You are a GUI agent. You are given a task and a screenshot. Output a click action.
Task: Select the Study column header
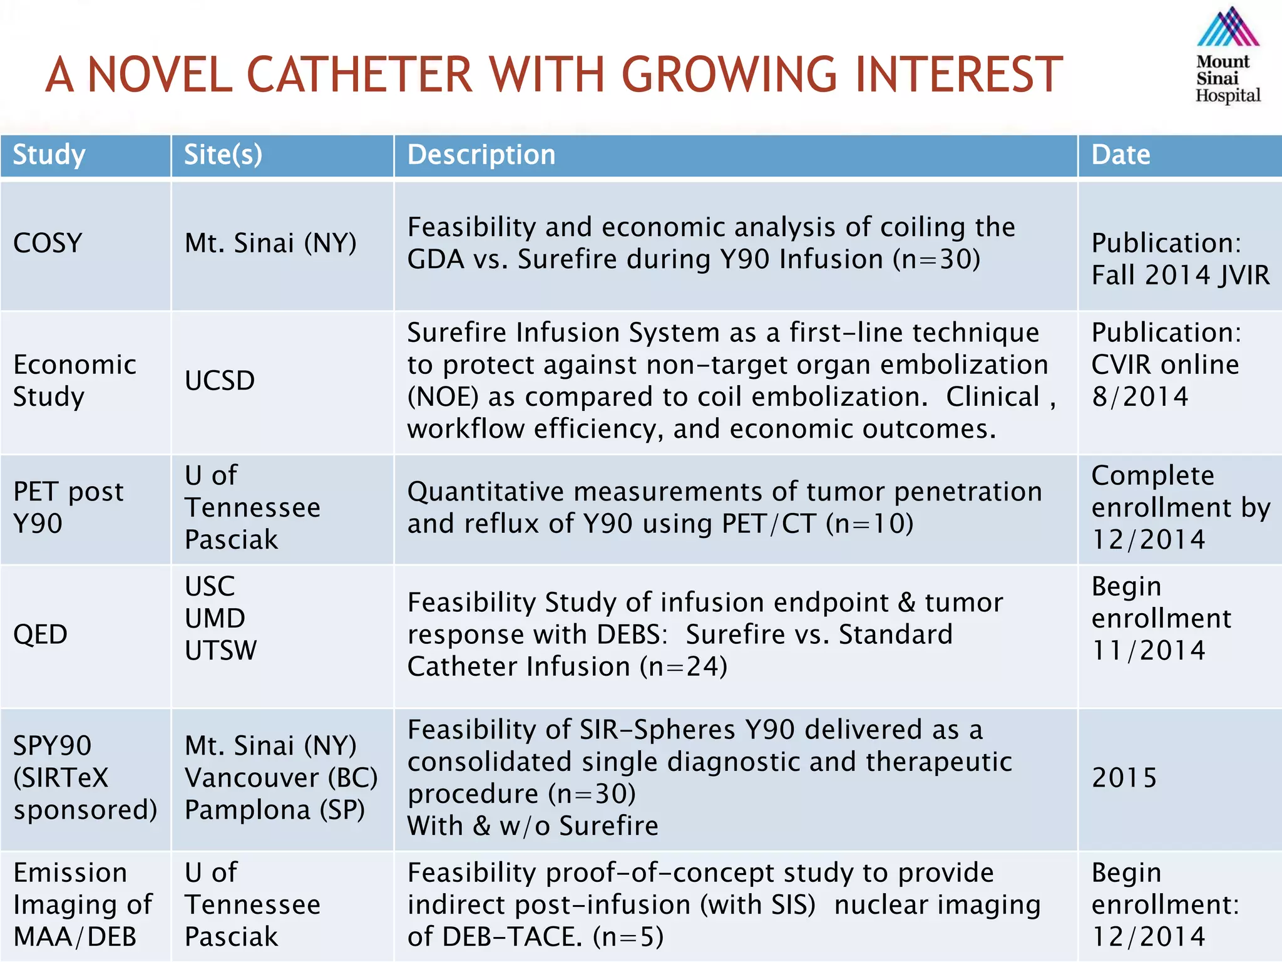point(49,155)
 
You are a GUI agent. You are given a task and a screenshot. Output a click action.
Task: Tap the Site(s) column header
point(223,155)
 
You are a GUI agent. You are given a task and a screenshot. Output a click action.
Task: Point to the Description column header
point(481,155)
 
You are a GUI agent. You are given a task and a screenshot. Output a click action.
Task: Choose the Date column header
point(1120,155)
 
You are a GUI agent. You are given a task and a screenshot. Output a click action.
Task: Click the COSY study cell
point(48,243)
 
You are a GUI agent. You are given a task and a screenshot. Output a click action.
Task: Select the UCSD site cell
point(220,381)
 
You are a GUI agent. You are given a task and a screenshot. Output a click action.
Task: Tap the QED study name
point(40,634)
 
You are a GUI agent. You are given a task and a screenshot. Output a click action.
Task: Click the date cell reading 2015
point(1124,778)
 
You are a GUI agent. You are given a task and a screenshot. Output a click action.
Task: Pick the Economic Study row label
point(74,381)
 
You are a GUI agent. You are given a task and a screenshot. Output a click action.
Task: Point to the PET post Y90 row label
point(68,507)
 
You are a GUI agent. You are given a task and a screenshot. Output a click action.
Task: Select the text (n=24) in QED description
point(683,666)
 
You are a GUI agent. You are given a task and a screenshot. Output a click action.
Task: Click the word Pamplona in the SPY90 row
point(248,810)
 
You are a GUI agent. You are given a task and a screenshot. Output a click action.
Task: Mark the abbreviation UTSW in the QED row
point(220,651)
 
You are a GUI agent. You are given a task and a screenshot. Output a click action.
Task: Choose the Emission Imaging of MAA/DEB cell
point(82,905)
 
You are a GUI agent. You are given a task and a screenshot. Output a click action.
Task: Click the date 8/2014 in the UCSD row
point(1139,396)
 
